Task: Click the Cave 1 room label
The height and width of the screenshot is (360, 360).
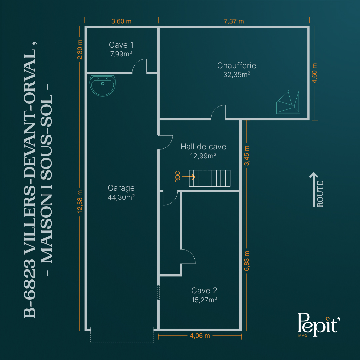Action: [x=121, y=45]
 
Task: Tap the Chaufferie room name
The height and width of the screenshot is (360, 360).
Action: [x=237, y=65]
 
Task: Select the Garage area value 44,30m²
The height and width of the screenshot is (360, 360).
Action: [x=121, y=197]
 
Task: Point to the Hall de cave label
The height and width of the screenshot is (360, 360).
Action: [x=203, y=146]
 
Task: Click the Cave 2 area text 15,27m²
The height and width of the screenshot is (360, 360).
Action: [x=204, y=300]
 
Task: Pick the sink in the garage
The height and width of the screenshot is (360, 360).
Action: [x=102, y=85]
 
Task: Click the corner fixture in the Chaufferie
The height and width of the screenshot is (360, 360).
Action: [x=288, y=102]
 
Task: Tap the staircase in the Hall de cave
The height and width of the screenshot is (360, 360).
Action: [x=210, y=178]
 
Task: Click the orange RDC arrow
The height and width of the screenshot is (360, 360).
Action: [x=188, y=177]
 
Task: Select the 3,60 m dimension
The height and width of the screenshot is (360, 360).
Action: [x=121, y=21]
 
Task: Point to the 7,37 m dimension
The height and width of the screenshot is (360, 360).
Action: [x=234, y=21]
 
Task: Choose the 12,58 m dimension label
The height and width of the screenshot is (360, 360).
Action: [x=80, y=202]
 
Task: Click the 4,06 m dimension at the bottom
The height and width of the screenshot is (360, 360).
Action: [x=200, y=336]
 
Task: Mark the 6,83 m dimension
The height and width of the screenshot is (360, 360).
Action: [x=246, y=261]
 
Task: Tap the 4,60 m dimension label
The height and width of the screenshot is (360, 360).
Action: [x=315, y=73]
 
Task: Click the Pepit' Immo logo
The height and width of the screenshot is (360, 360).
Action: [x=318, y=324]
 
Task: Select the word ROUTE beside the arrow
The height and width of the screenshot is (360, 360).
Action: [x=320, y=194]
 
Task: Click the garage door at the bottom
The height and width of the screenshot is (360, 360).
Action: [x=122, y=330]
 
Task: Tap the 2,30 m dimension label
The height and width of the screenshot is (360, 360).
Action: [x=80, y=50]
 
